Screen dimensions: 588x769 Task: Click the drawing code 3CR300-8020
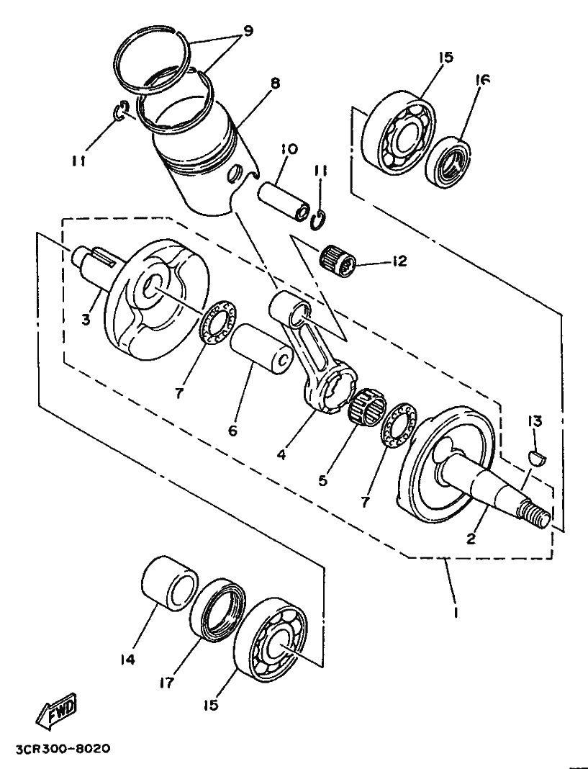63,750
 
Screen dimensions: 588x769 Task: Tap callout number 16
481,80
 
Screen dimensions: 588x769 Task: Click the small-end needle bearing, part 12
339,261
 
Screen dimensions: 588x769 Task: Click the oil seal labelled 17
218,610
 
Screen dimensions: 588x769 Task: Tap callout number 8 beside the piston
275,84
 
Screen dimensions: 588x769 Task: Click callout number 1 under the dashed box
456,613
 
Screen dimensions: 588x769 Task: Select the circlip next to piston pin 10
320,219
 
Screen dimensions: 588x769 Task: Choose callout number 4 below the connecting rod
281,454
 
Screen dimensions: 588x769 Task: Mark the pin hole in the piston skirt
236,173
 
